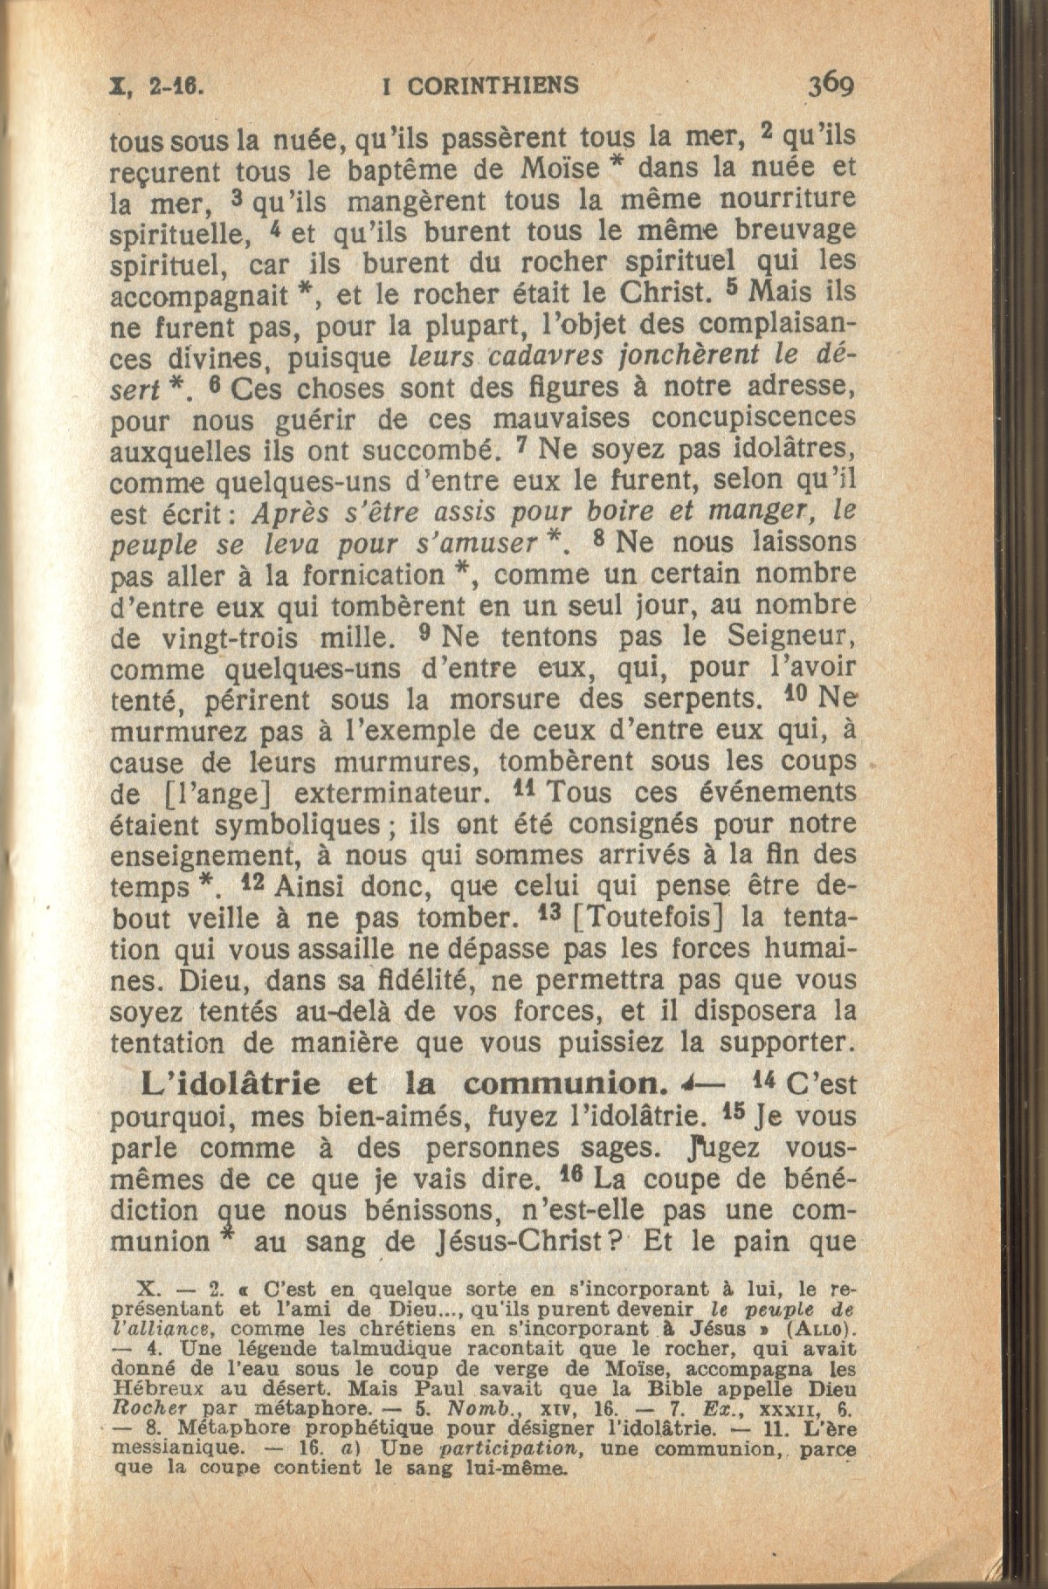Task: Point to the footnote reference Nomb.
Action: coord(479,1409)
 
